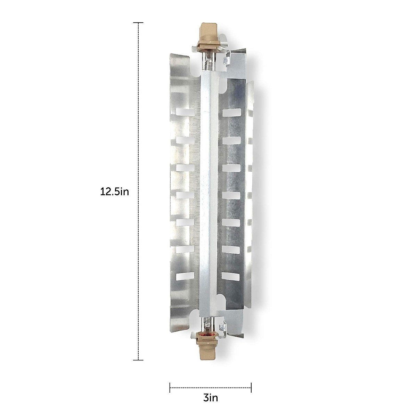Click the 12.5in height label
click(x=115, y=191)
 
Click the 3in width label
click(x=210, y=398)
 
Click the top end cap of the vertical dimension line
click(x=138, y=23)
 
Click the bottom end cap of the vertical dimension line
click(x=138, y=360)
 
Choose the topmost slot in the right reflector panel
click(x=231, y=113)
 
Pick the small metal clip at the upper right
click(x=227, y=61)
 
